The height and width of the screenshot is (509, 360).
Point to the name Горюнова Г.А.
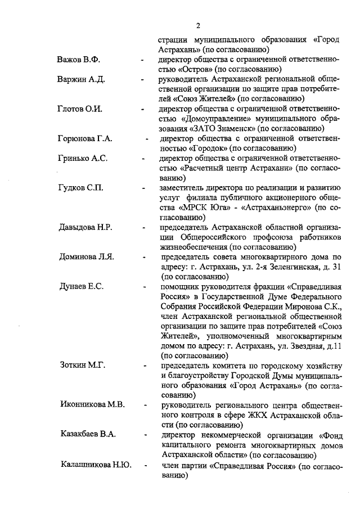tap(85, 139)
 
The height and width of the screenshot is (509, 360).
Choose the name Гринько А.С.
tap(82, 159)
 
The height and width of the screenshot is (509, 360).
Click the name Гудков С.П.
tap(81, 188)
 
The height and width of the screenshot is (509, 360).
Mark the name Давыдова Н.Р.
tap(86, 228)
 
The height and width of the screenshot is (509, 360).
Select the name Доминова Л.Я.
tap(87, 258)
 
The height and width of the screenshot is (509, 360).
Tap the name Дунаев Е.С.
tap(81, 287)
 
